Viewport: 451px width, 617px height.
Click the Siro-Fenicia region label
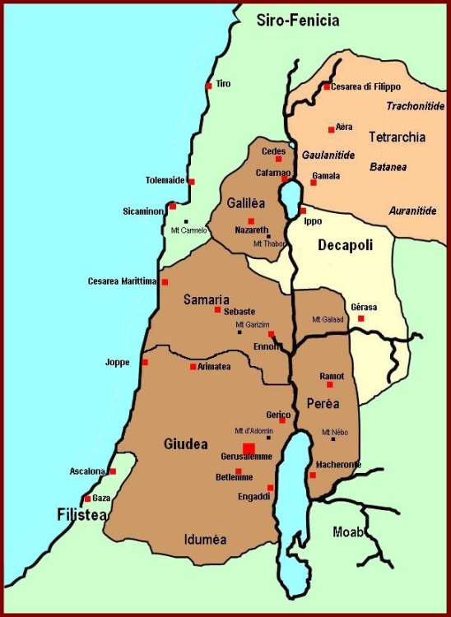pyautogui.click(x=298, y=20)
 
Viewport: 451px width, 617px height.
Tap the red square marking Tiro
pyautogui.click(x=208, y=85)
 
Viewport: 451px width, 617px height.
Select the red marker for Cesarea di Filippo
pyautogui.click(x=327, y=86)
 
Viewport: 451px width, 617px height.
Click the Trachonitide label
pyautogui.click(x=416, y=106)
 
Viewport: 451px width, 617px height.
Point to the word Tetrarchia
pyautogui.click(x=397, y=137)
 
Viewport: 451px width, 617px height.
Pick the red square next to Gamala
pyautogui.click(x=314, y=182)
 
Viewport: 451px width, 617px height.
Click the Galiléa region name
pyautogui.click(x=246, y=202)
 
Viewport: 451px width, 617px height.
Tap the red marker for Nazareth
pyautogui.click(x=251, y=220)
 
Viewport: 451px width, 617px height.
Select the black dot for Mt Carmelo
pyautogui.click(x=187, y=221)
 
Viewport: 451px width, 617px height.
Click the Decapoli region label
pyautogui.click(x=346, y=245)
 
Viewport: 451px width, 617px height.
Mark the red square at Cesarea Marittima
pyautogui.click(x=165, y=281)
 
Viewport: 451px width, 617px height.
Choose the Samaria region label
pyautogui.click(x=207, y=299)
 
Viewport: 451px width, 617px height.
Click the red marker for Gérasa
pyautogui.click(x=360, y=318)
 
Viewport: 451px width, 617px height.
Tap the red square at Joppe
pyautogui.click(x=145, y=362)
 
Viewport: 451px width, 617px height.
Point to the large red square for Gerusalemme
pyautogui.click(x=249, y=447)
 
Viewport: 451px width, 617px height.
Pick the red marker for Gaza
pyautogui.click(x=87, y=499)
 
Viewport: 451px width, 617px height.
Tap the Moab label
pyautogui.click(x=348, y=531)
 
